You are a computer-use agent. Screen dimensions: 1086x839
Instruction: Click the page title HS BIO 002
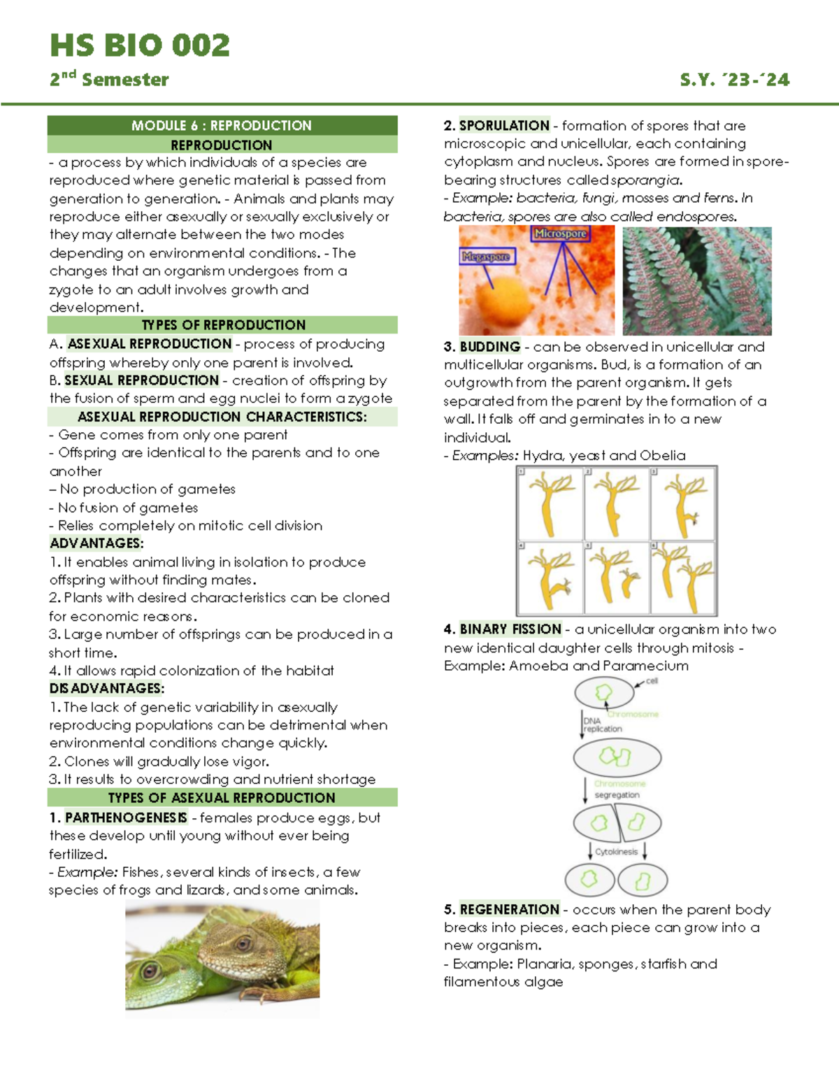pyautogui.click(x=140, y=46)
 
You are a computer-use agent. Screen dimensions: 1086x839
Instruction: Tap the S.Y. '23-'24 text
pyautogui.click(x=734, y=80)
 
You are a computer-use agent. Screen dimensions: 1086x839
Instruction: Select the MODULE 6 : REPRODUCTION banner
pyautogui.click(x=222, y=126)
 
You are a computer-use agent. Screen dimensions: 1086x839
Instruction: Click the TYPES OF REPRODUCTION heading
pyautogui.click(x=223, y=325)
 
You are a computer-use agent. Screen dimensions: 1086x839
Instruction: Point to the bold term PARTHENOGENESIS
pyautogui.click(x=126, y=817)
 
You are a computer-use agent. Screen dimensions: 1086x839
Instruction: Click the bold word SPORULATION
pyautogui.click(x=504, y=126)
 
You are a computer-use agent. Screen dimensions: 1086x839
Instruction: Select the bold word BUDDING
pyautogui.click(x=489, y=347)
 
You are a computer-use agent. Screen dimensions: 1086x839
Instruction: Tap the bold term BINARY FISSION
pyautogui.click(x=510, y=629)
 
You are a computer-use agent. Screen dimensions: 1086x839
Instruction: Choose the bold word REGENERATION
pyautogui.click(x=509, y=910)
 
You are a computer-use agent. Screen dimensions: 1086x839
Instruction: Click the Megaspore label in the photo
pyautogui.click(x=486, y=257)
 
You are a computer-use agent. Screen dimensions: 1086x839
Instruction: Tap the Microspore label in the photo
pyautogui.click(x=560, y=234)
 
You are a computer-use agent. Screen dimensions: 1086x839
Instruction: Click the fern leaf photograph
pyautogui.click(x=696, y=280)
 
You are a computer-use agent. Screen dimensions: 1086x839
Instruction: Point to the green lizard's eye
pyautogui.click(x=149, y=970)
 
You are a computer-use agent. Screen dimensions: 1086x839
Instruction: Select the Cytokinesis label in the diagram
pyautogui.click(x=616, y=852)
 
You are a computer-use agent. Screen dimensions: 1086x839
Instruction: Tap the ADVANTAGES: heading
pyautogui.click(x=96, y=543)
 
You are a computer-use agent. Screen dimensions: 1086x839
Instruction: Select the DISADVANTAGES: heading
pyautogui.click(x=106, y=689)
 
